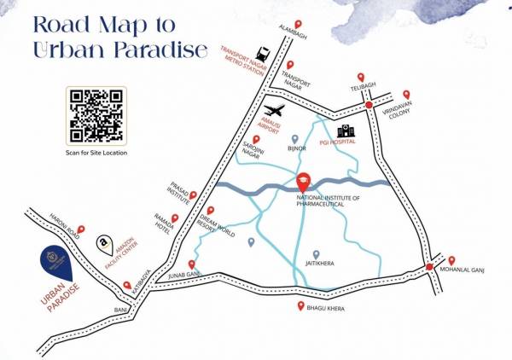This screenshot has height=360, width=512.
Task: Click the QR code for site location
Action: click(94, 116)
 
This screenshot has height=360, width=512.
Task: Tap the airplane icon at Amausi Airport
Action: click(274, 111)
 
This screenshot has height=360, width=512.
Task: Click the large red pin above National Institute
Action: click(304, 182)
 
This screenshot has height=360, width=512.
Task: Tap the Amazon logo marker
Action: click(103, 243)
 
